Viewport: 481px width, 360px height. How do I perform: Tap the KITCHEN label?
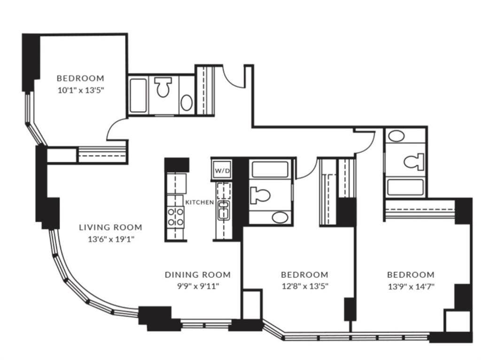[x=200, y=202]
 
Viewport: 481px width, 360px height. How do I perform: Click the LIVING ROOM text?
[x=110, y=227]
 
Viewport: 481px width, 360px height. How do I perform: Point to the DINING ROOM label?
[x=197, y=274]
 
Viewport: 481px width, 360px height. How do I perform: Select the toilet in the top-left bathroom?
[x=163, y=88]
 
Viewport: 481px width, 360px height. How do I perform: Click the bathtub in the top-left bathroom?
[x=138, y=96]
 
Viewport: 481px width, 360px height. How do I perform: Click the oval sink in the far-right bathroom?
[x=397, y=137]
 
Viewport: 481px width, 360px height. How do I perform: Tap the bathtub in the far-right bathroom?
[x=406, y=187]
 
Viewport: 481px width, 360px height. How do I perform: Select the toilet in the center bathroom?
[x=260, y=194]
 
